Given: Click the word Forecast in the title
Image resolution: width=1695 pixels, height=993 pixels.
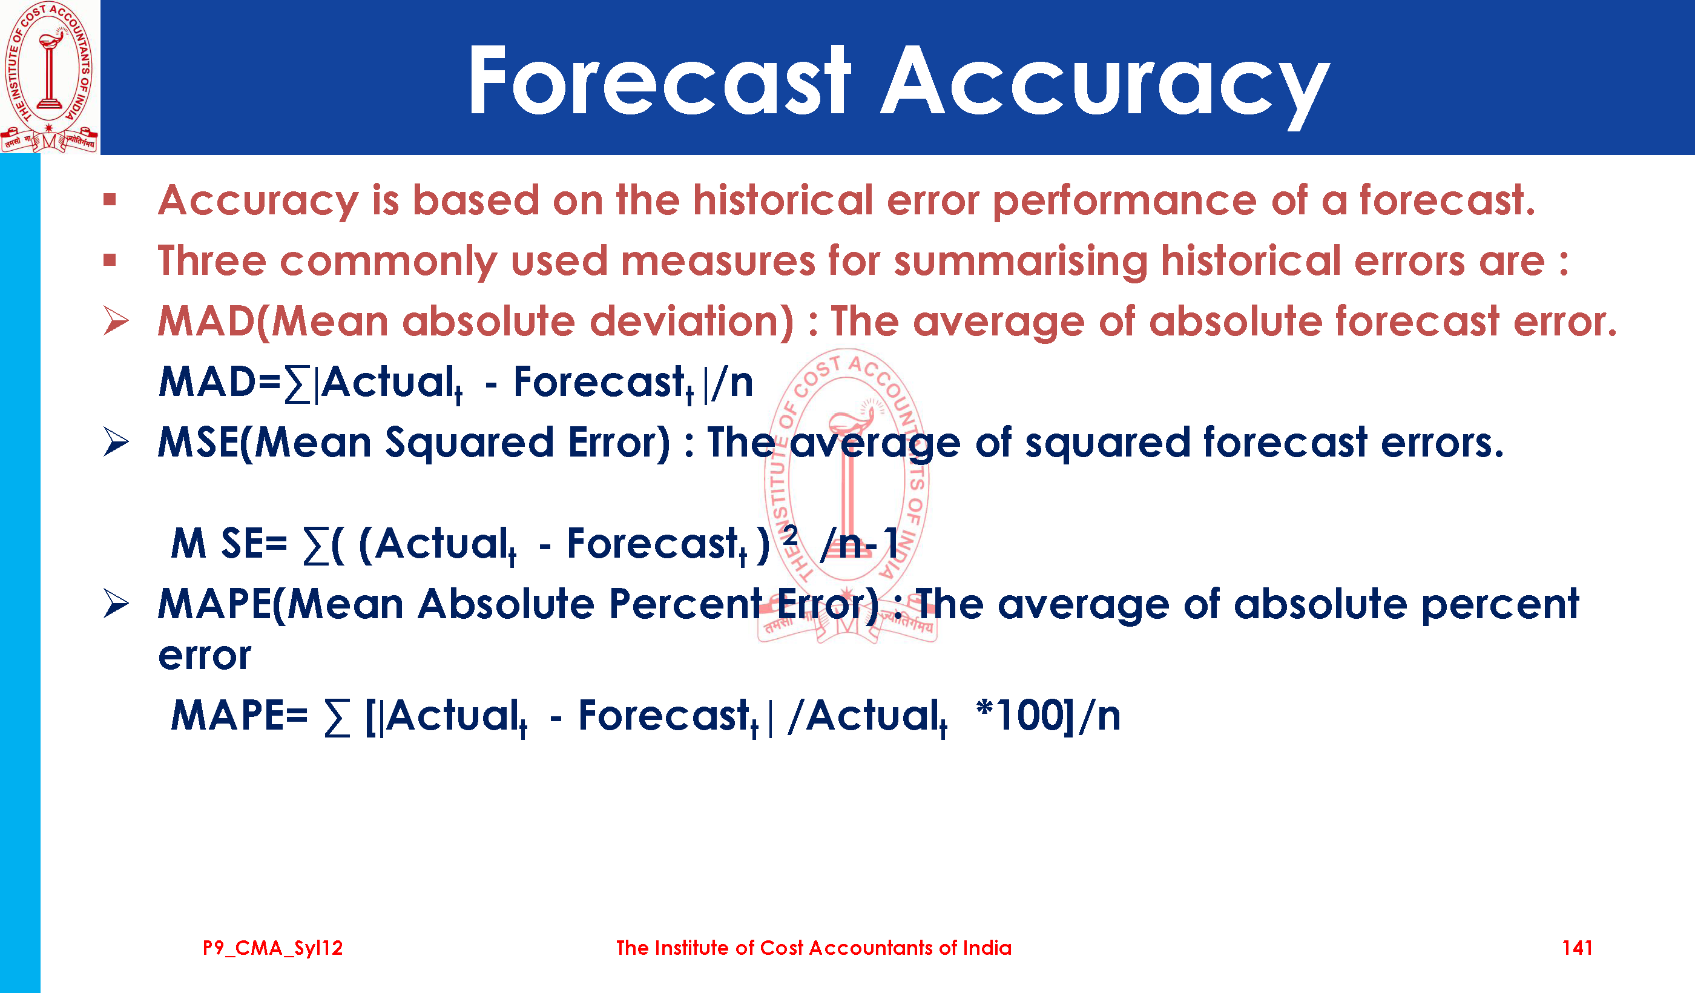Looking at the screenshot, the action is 660,80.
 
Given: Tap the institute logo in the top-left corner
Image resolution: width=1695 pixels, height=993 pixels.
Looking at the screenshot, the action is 50,77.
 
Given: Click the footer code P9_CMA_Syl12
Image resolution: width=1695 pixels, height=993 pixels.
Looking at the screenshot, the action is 272,949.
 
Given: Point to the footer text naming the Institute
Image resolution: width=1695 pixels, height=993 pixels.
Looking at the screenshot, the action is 814,948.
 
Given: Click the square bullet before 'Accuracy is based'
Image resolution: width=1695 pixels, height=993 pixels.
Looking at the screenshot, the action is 110,200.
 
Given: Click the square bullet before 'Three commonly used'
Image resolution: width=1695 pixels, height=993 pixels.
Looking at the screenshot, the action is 110,260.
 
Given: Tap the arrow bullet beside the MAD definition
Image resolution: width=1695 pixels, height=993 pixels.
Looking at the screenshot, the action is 116,320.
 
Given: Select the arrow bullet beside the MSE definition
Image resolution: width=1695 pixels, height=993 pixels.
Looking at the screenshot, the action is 116,442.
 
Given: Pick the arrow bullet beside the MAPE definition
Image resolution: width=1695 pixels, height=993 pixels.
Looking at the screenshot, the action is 116,603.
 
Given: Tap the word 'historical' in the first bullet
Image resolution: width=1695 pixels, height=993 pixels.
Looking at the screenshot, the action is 783,200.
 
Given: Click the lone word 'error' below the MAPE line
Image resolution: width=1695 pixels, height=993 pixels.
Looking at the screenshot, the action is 205,656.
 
